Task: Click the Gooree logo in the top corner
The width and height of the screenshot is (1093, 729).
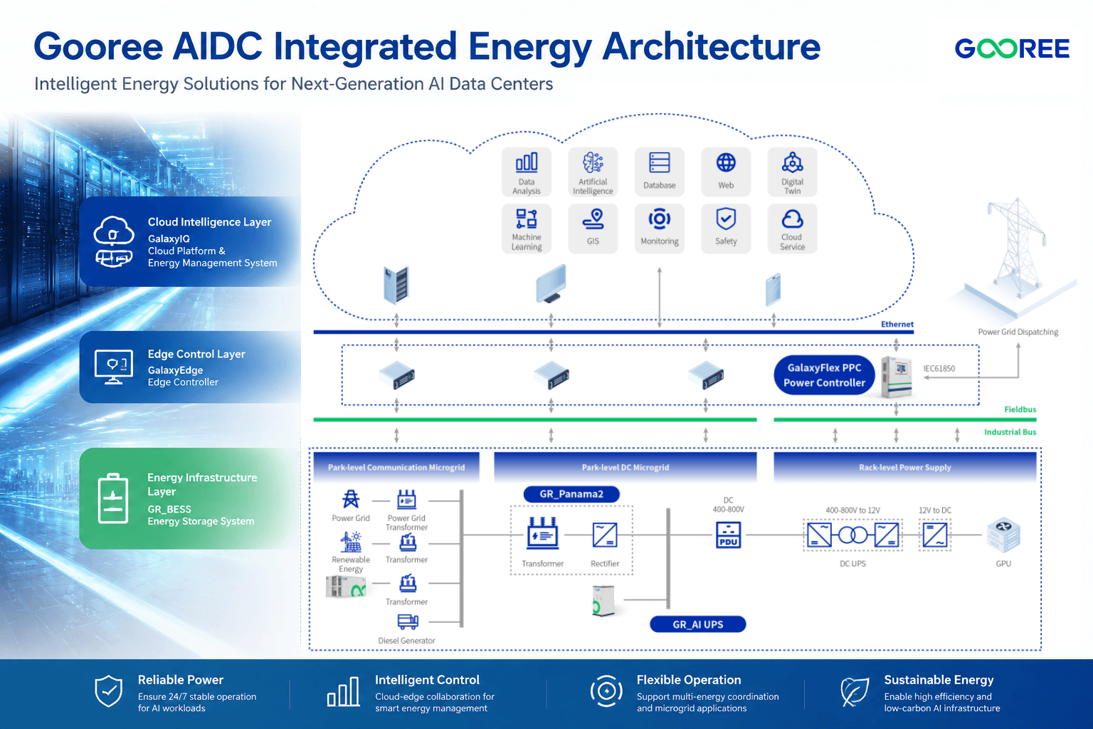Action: [x=1011, y=48]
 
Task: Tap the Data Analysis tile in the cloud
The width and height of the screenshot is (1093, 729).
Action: [x=527, y=172]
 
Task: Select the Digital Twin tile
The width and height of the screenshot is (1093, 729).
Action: [x=793, y=172]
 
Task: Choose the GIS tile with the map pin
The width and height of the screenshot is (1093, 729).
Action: [x=593, y=229]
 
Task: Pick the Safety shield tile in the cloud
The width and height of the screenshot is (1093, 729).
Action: [x=726, y=229]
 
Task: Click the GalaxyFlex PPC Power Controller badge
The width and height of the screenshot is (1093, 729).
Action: [x=824, y=375]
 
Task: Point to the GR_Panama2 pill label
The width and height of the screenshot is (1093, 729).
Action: [x=571, y=494]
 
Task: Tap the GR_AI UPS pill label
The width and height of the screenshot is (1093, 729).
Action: [x=698, y=624]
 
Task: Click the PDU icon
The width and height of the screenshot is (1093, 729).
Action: [x=729, y=535]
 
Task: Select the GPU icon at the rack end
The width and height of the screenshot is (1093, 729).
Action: [x=1004, y=535]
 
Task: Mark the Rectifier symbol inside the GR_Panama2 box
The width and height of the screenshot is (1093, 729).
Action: [x=605, y=535]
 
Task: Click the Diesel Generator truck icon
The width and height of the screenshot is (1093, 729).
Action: [x=408, y=622]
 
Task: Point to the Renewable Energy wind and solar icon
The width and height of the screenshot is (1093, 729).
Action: [x=351, y=542]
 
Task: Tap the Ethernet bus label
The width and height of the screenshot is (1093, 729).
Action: [x=897, y=324]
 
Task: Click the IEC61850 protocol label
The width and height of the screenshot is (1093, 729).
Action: [x=939, y=369]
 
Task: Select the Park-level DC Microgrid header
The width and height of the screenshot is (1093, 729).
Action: [x=625, y=467]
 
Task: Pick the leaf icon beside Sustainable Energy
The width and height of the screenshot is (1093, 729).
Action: [x=855, y=692]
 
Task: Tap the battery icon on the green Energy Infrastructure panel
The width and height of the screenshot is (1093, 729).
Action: [x=113, y=498]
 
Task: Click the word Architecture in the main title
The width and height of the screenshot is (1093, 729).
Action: [x=711, y=47]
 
